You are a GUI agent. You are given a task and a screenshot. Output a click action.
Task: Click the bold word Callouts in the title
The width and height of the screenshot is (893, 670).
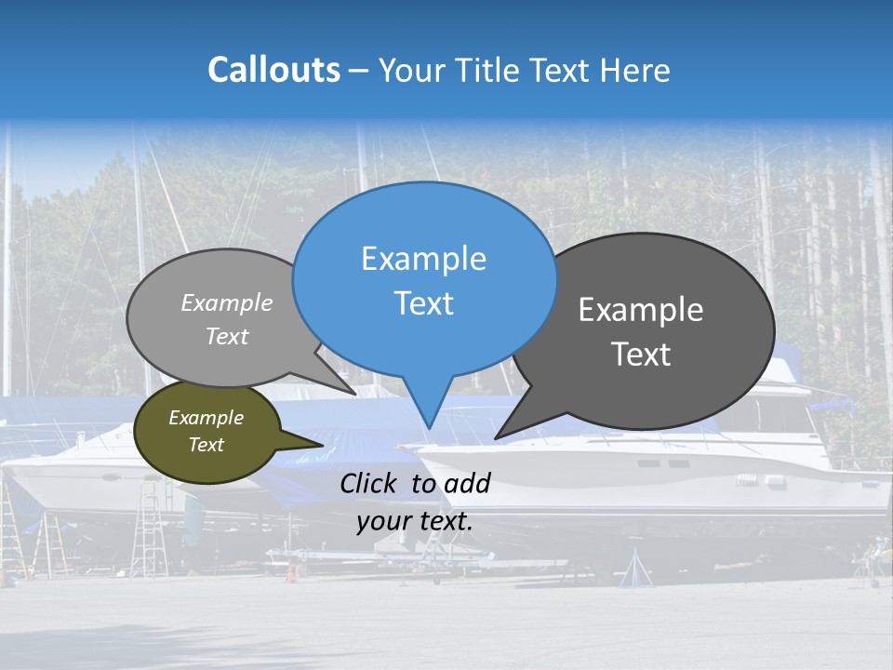pyautogui.click(x=273, y=70)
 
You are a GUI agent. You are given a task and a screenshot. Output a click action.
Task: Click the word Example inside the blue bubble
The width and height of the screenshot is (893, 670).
pyautogui.click(x=423, y=259)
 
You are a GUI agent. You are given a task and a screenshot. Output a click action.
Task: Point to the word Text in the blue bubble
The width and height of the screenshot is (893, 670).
pyautogui.click(x=423, y=303)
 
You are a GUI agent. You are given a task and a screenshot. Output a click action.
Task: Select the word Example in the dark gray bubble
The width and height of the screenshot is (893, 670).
pyautogui.click(x=641, y=310)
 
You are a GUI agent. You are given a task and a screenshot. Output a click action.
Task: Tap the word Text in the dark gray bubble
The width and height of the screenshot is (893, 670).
pyautogui.click(x=641, y=355)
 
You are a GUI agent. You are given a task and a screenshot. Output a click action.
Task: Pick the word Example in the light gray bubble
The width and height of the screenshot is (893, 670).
pyautogui.click(x=227, y=303)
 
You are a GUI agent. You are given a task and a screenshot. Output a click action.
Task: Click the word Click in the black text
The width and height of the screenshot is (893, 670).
pyautogui.click(x=369, y=483)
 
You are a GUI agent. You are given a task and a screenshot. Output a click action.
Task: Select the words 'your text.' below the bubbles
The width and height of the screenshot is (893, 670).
pyautogui.click(x=415, y=521)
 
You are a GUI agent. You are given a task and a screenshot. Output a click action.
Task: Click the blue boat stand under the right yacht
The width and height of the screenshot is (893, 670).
pyautogui.click(x=637, y=569)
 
